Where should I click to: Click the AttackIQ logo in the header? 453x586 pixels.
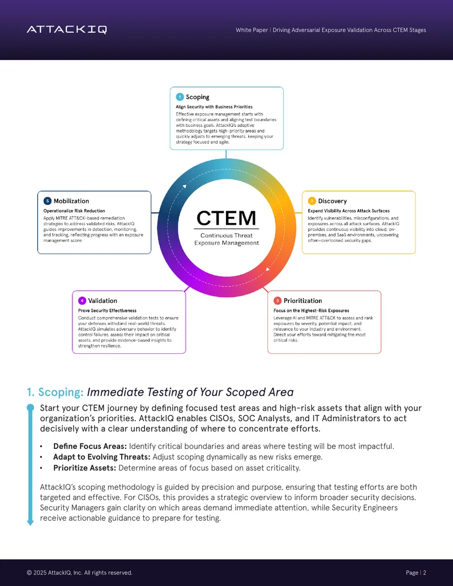[x=67, y=29]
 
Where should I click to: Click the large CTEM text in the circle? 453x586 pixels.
[x=226, y=218]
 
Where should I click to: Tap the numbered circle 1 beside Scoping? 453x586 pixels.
[x=180, y=97]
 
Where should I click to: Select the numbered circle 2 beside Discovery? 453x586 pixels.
[x=312, y=200]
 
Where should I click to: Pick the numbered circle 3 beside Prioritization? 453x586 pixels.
[x=277, y=301]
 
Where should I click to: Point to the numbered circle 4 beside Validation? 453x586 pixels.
[x=82, y=301]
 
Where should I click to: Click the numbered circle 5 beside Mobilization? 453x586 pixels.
[x=48, y=200]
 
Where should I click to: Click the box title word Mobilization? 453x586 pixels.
[x=71, y=201]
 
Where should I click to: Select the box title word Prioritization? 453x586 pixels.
[x=303, y=301]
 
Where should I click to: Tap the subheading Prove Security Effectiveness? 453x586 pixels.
[x=107, y=311]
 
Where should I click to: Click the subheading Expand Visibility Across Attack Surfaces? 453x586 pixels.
[x=349, y=211]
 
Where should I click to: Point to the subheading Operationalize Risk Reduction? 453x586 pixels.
[x=74, y=211]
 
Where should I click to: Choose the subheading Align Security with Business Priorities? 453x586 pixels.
[x=214, y=107]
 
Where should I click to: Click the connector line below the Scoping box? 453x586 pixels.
[x=226, y=154]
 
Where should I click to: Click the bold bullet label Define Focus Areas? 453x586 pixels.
[x=90, y=446]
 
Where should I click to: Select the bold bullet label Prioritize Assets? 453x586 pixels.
[x=85, y=468]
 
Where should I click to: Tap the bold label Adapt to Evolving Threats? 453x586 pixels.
[x=102, y=457]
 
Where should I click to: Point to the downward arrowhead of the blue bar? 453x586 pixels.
[x=30, y=523]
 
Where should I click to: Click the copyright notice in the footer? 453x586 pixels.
[x=80, y=572]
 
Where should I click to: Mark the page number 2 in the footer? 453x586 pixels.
[x=425, y=572]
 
